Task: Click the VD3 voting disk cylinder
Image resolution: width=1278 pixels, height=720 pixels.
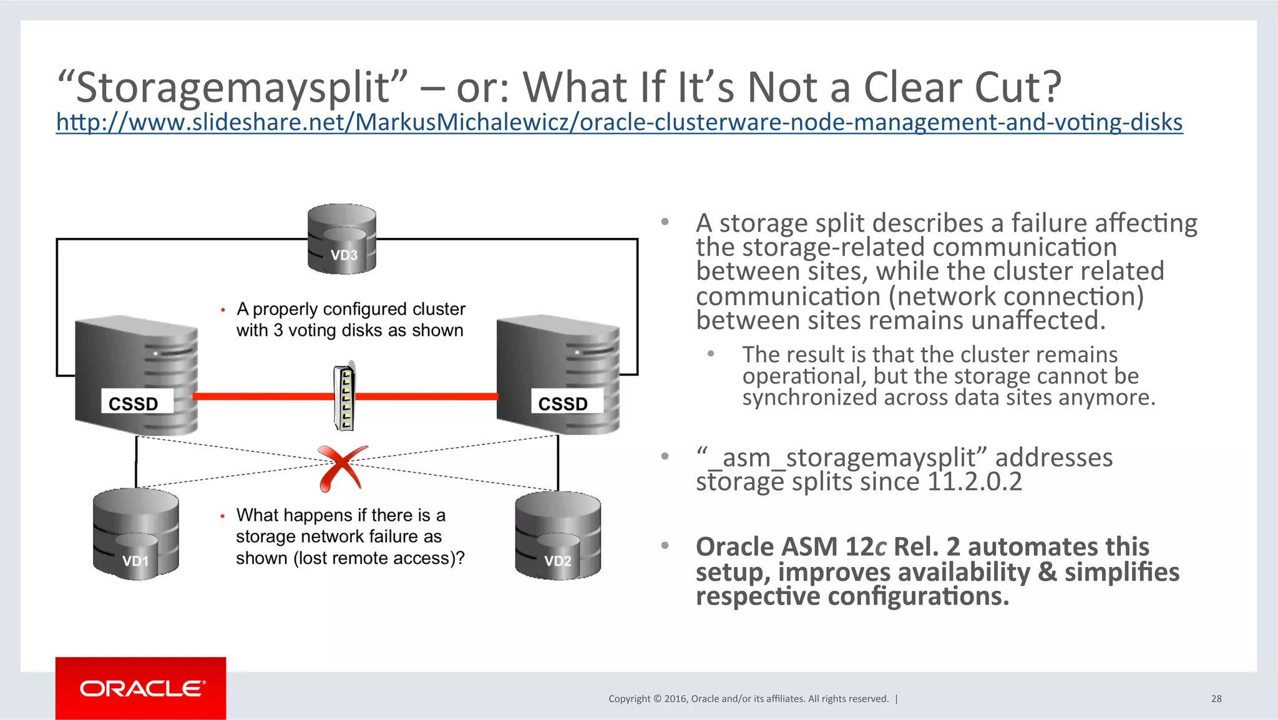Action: coord(342,239)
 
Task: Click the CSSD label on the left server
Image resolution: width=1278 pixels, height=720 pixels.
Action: coord(134,403)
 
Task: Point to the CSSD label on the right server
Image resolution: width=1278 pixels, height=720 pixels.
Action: coord(563,403)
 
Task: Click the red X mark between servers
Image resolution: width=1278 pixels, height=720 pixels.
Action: coord(341,468)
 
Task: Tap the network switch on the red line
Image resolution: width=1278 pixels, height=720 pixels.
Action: coord(344,398)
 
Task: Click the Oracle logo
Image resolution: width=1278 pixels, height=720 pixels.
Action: coord(141,688)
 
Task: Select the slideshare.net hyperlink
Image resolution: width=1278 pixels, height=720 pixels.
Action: coord(619,122)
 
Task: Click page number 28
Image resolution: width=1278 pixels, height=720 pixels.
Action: coord(1216,699)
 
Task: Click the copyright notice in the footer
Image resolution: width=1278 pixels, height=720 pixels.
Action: coord(748,699)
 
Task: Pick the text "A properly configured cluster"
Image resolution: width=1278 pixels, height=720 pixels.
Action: coord(351,309)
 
